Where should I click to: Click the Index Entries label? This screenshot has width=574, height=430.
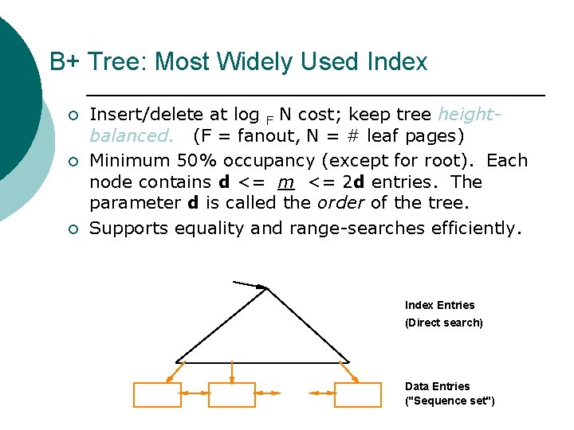click(x=439, y=305)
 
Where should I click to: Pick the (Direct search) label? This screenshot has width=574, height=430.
click(x=443, y=322)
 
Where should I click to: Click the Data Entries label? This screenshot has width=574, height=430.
click(x=437, y=386)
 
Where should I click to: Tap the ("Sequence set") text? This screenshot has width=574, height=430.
click(x=450, y=401)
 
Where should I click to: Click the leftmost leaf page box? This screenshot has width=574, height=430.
click(x=157, y=394)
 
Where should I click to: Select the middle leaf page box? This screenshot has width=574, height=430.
click(x=231, y=394)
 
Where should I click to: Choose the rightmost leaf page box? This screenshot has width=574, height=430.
click(x=357, y=394)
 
